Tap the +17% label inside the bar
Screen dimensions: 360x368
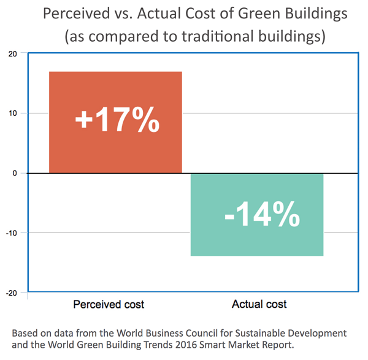point(117,120)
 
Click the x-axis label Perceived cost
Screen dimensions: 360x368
point(109,304)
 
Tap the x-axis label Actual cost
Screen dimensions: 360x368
point(259,304)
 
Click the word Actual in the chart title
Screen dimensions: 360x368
point(151,13)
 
